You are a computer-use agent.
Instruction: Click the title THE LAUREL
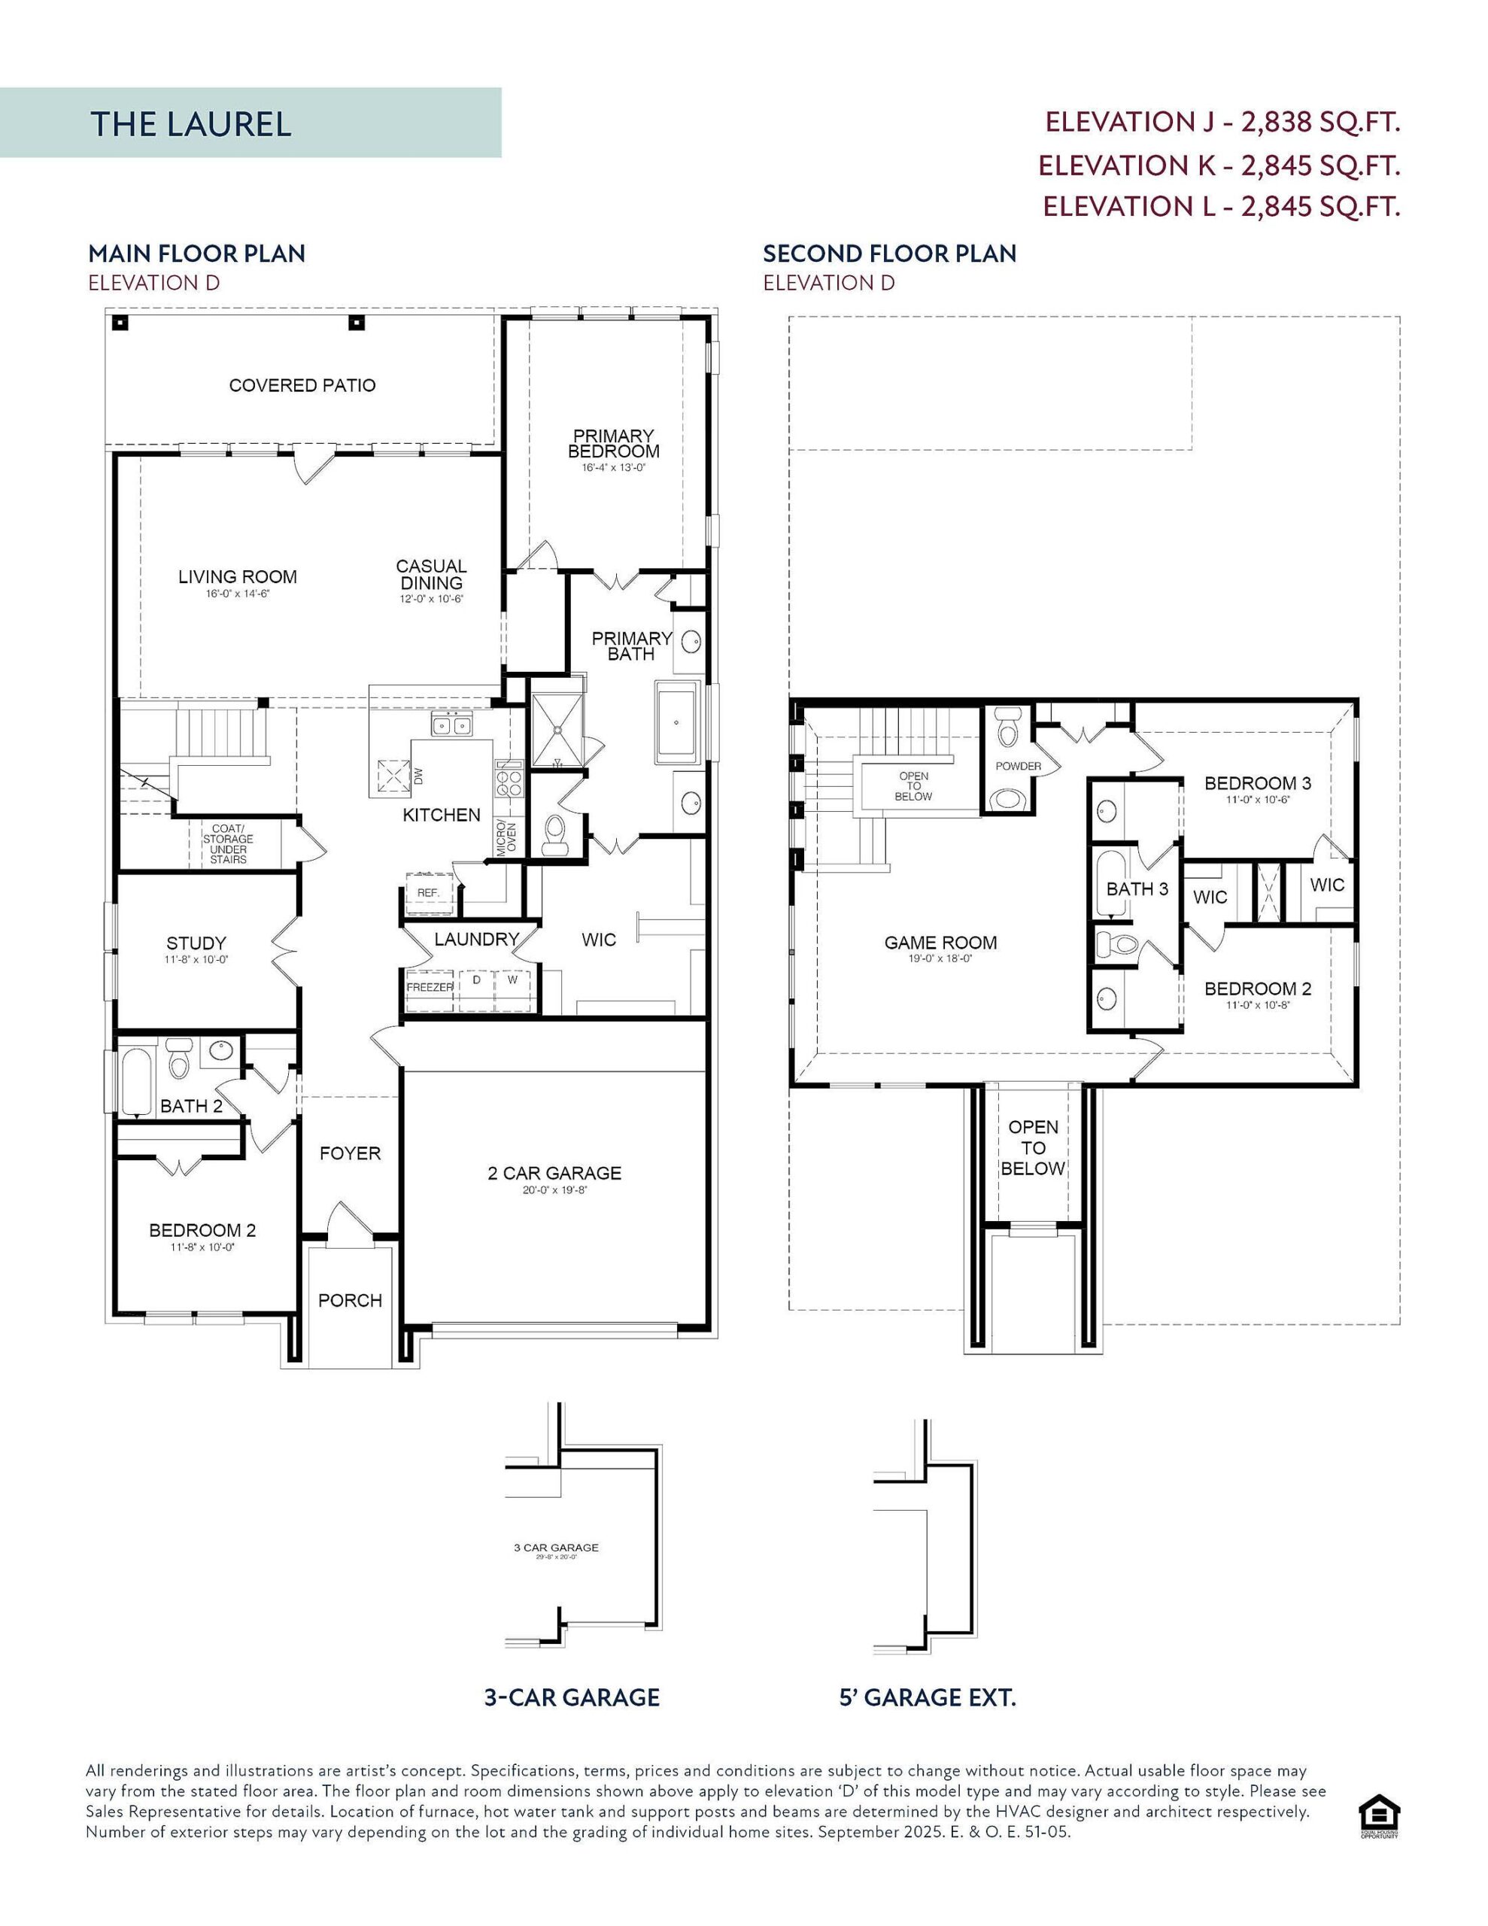pyautogui.click(x=190, y=123)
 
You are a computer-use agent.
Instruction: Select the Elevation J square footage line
pyautogui.click(x=1222, y=122)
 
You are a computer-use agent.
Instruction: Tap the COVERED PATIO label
pyautogui.click(x=302, y=385)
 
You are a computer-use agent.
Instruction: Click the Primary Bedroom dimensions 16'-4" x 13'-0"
pyautogui.click(x=613, y=468)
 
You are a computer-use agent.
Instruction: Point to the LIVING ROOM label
pyautogui.click(x=237, y=577)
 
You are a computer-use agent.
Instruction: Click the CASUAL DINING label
pyautogui.click(x=430, y=574)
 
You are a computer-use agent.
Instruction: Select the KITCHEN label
pyautogui.click(x=441, y=815)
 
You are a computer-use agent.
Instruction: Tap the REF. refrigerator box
pyautogui.click(x=429, y=892)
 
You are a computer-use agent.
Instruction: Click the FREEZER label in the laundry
pyautogui.click(x=430, y=987)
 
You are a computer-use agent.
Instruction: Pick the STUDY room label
pyautogui.click(x=196, y=943)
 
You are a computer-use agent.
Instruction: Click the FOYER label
pyautogui.click(x=349, y=1153)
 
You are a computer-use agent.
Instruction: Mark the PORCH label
pyautogui.click(x=349, y=1300)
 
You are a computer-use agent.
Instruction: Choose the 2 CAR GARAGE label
pyautogui.click(x=554, y=1173)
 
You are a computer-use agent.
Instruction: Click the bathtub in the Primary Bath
pyautogui.click(x=676, y=722)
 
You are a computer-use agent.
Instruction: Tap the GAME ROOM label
pyautogui.click(x=940, y=943)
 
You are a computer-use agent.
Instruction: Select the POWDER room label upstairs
pyautogui.click(x=1018, y=767)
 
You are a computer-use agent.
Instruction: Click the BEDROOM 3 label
pyautogui.click(x=1257, y=783)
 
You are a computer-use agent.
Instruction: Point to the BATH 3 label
pyautogui.click(x=1137, y=889)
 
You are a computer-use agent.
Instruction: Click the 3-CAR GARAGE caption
pyautogui.click(x=572, y=1697)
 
